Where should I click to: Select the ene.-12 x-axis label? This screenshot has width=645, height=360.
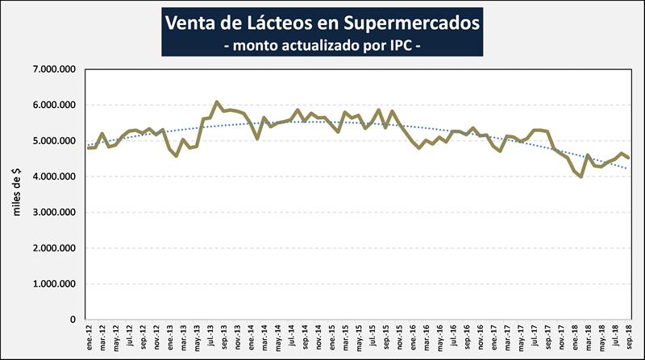click(89, 337)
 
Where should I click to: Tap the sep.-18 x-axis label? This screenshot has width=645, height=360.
click(628, 337)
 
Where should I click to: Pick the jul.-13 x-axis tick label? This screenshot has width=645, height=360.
click(210, 337)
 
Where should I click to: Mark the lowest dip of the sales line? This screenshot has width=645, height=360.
click(580, 176)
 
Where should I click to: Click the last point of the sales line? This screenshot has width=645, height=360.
click(628, 159)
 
